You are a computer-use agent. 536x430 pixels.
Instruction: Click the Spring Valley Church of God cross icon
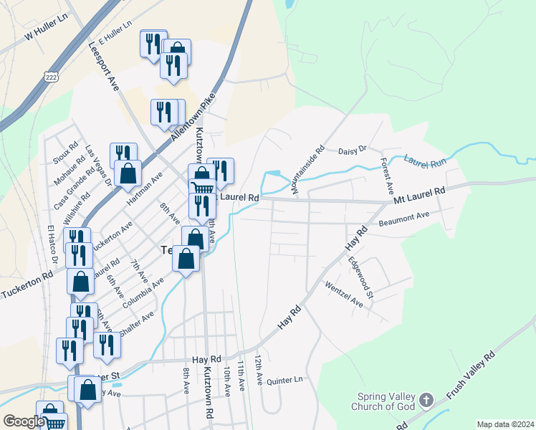pos(426,400)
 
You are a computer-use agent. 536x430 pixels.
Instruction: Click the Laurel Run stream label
pos(425,163)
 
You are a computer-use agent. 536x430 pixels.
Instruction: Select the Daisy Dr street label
pos(352,150)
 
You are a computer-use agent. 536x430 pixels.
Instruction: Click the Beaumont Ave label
pos(403,216)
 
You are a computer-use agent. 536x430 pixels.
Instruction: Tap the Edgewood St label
pos(360,279)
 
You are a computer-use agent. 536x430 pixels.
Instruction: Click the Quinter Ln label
pos(284,380)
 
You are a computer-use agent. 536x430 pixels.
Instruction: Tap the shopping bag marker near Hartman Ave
pos(127,174)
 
